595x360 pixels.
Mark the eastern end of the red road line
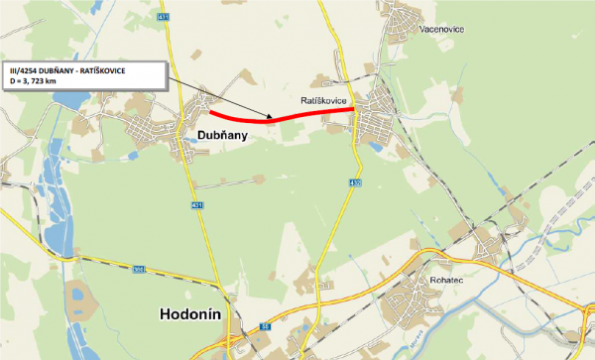[x=354, y=109]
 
